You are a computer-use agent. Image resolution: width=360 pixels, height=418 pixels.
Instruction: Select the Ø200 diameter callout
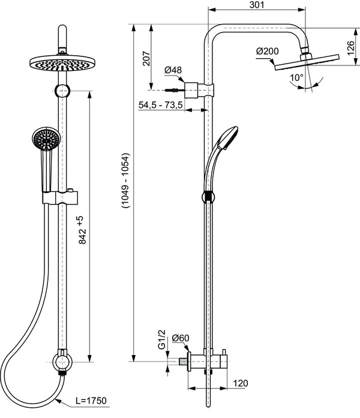tap(267, 52)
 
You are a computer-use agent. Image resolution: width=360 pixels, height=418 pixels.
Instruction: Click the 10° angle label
tap(296, 78)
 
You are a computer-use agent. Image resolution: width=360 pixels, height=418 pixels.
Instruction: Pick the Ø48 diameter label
tap(173, 71)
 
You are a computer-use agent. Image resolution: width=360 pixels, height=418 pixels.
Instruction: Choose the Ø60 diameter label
tap(180, 339)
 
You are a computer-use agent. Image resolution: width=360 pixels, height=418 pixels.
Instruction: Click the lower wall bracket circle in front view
tap(61, 361)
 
